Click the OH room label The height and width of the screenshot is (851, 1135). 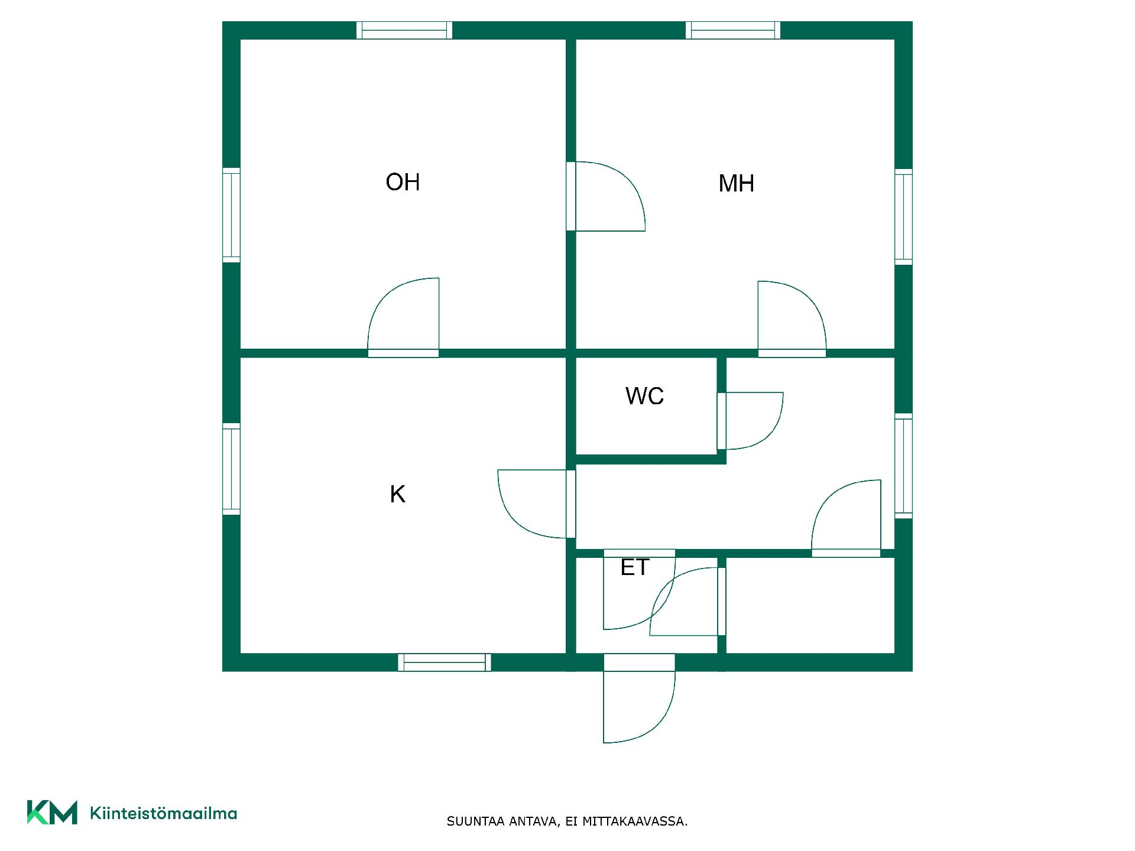[403, 182]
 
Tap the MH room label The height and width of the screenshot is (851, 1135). [736, 183]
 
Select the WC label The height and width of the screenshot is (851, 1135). [644, 396]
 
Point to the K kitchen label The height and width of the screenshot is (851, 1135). [397, 494]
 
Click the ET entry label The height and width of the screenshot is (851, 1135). [635, 567]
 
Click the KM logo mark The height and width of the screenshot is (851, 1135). [52, 812]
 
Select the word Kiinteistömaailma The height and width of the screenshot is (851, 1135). [163, 813]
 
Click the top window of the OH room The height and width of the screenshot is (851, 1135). [404, 30]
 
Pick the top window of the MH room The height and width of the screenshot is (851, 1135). [733, 30]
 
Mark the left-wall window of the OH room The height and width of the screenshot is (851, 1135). [231, 215]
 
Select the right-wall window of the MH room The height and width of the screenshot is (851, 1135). [903, 216]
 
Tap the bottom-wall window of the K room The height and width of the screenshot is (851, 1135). [445, 662]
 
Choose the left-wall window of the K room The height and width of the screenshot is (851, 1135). [231, 469]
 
